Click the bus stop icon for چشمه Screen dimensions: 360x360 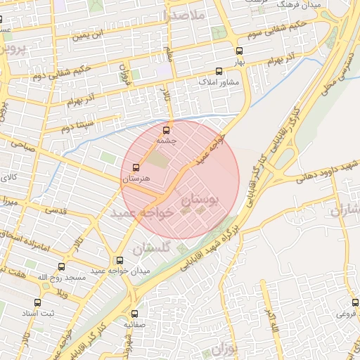167,129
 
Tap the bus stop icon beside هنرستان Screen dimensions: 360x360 136,168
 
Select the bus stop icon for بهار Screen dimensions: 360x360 240,51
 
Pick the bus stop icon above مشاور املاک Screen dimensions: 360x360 219,71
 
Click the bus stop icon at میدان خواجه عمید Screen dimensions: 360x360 119,260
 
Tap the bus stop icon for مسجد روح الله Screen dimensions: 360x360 61,267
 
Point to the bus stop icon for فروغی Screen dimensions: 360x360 355,302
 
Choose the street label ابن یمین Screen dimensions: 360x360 96,33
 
